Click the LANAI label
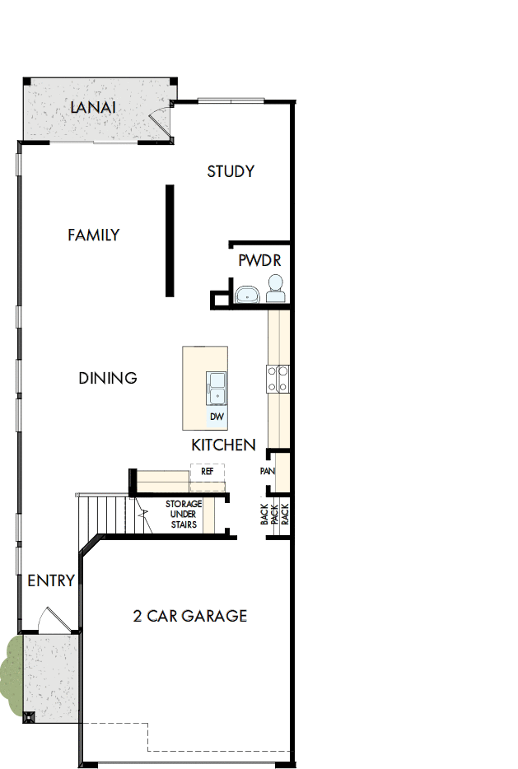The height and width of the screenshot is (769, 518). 92,108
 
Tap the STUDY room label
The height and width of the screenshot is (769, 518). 231,171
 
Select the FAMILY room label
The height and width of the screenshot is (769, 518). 93,235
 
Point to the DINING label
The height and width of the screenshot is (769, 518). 108,379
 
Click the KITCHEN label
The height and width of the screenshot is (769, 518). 223,445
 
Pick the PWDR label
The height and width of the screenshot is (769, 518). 260,261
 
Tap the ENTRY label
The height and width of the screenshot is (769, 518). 51,580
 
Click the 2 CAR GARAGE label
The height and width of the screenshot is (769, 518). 190,616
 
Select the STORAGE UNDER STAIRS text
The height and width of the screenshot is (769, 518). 183,514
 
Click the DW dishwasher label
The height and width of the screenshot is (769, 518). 217,417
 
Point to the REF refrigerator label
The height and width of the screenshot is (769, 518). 208,473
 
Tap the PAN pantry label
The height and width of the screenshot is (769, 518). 267,472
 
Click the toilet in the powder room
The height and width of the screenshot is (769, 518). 275,288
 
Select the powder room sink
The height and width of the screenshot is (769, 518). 246,294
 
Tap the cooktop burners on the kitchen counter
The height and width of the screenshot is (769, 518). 276,378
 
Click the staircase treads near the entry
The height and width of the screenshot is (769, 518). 107,515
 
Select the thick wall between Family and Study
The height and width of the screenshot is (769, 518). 170,240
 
